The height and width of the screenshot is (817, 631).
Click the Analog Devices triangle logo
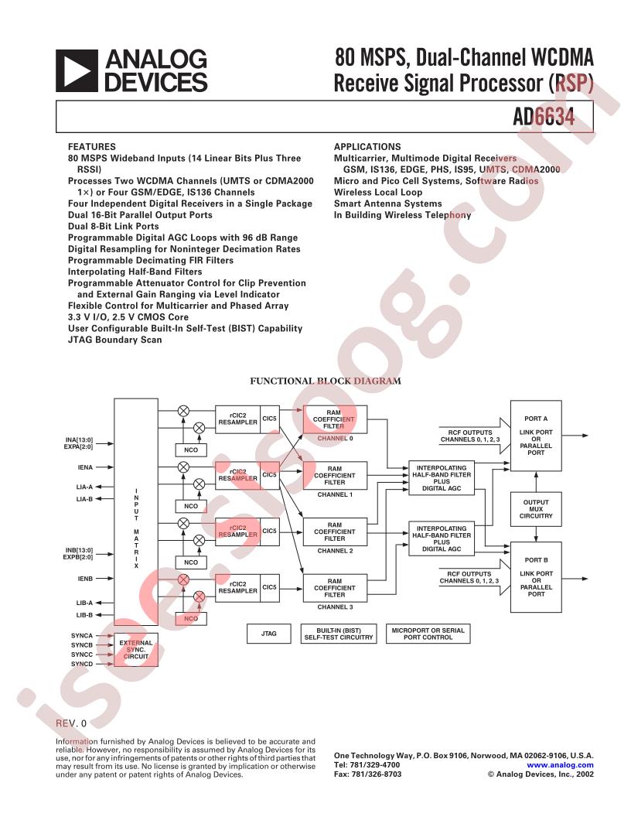coord(77,71)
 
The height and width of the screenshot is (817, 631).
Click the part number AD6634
coord(544,117)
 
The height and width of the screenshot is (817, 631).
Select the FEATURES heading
coord(91,147)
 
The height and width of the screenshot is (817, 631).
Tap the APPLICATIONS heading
coord(367,147)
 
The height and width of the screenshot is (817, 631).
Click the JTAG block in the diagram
coord(268,634)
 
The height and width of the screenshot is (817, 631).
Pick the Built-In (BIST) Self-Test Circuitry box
coord(339,634)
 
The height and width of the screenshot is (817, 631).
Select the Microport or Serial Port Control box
coord(428,634)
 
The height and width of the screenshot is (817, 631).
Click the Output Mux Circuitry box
coord(536,509)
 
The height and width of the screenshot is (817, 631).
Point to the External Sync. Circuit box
coord(136,650)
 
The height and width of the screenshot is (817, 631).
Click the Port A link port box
coord(536,436)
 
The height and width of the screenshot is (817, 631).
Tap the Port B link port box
coord(536,577)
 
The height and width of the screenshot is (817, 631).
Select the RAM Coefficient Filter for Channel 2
coord(335,532)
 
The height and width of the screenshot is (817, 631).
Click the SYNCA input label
coord(82,636)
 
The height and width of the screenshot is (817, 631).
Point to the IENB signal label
coord(85,579)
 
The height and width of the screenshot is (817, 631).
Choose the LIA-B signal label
coord(84,499)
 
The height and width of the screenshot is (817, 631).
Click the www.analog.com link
coord(560,765)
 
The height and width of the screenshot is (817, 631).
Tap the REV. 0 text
coord(71,723)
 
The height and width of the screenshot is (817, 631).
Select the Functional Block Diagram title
coord(326,381)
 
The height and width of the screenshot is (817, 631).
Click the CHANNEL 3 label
coord(335,607)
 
